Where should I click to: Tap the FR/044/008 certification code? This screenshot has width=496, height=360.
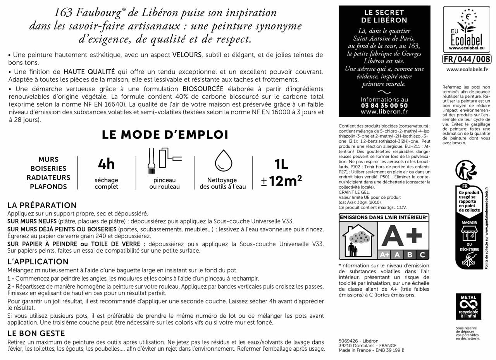click(467, 59)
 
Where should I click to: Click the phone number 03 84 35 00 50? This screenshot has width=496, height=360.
click(384, 105)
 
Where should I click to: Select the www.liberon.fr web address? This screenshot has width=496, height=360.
click(384, 112)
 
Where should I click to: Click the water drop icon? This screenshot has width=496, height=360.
click(223, 160)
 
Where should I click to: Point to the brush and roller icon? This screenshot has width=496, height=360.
click(164, 160)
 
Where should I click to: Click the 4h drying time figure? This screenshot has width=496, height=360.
click(106, 164)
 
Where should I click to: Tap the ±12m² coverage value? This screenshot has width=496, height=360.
click(281, 181)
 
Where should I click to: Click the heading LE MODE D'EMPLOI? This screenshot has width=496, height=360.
click(165, 134)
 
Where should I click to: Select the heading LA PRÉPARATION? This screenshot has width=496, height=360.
click(42, 205)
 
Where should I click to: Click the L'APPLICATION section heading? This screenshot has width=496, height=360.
click(38, 262)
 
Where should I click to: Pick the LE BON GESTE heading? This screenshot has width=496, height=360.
click(36, 333)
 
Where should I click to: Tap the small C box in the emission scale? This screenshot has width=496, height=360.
click(422, 255)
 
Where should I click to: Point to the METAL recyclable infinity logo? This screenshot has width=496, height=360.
click(468, 306)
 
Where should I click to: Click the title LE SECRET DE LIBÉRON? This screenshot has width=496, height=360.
click(384, 16)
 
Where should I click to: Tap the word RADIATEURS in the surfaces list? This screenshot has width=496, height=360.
click(48, 177)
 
